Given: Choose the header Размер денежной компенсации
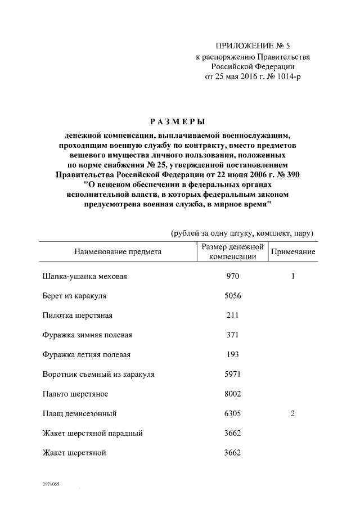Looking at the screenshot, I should click(233, 251).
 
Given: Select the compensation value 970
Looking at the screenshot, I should click(233, 277).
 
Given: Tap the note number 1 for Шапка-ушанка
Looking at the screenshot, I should click(293, 277).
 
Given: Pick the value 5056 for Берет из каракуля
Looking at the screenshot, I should click(233, 295).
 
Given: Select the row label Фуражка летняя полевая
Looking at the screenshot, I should click(87, 354).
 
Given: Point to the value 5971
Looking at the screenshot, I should click(233, 374).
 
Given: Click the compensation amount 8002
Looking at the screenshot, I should click(233, 394).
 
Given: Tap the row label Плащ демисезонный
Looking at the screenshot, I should click(79, 414).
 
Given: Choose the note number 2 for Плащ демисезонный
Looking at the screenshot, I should click(293, 414).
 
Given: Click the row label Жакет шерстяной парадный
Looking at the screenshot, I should click(92, 433).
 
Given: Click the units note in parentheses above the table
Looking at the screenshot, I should click(242, 233).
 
